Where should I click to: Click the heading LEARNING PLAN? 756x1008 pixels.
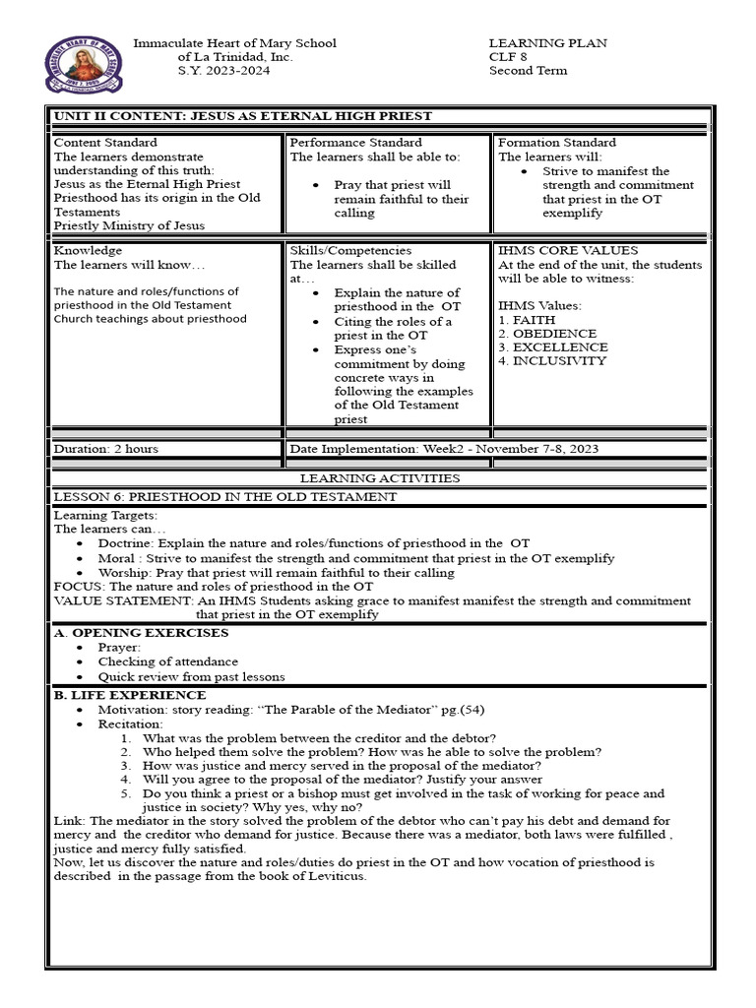pos(547,43)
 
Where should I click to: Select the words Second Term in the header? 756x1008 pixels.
pos(528,71)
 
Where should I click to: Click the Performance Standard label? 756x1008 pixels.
pos(355,143)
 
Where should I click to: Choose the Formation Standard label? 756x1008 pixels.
pos(557,143)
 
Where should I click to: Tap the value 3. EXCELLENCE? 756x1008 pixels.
pos(553,347)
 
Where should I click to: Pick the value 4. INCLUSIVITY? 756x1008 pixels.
pos(552,361)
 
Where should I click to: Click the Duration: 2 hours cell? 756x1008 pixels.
pos(105,449)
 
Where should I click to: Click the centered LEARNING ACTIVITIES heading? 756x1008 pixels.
pos(379,478)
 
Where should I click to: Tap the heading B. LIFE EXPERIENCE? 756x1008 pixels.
pos(130,696)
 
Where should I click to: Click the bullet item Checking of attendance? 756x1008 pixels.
pos(167,662)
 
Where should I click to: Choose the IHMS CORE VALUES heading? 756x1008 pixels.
pos(568,251)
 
